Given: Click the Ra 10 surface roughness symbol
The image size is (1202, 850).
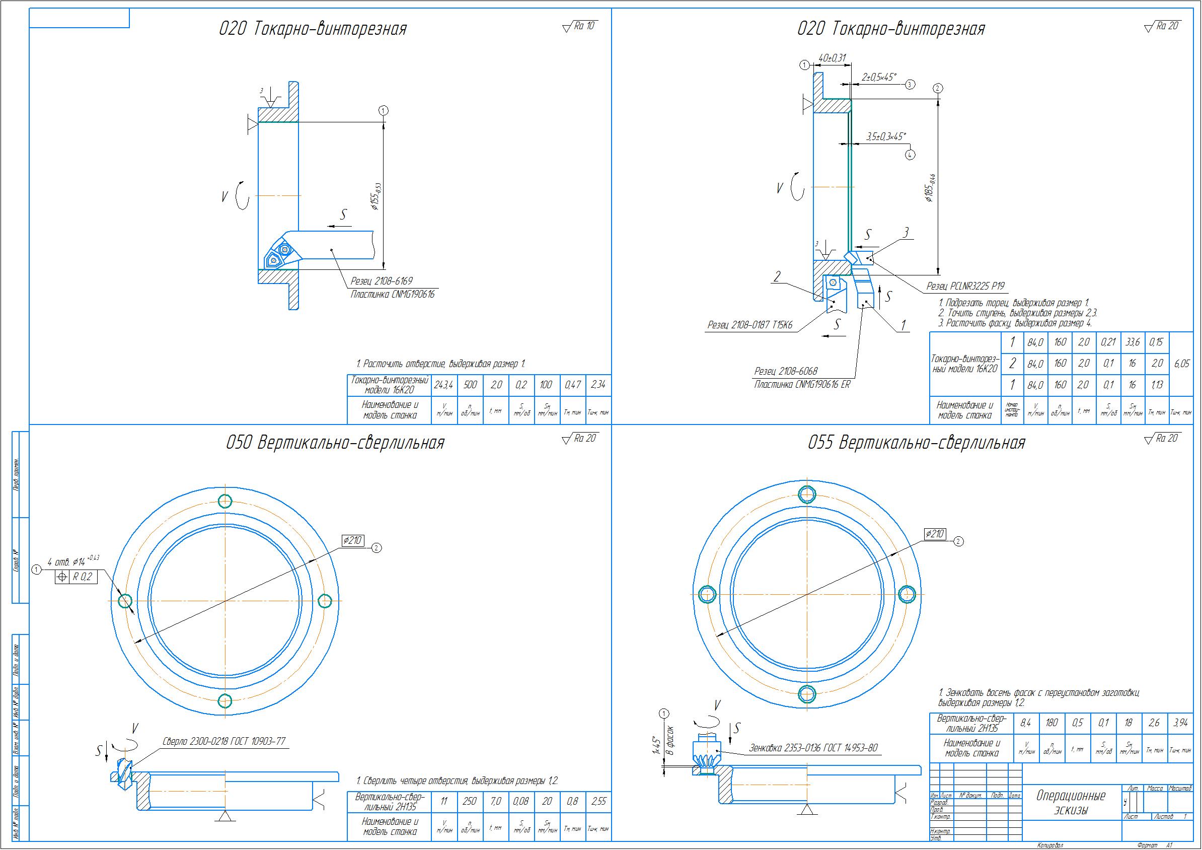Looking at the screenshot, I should coord(579,26).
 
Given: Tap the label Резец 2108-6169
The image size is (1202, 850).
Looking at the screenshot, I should coord(381,281).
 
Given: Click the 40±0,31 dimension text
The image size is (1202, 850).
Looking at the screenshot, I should coord(833,58).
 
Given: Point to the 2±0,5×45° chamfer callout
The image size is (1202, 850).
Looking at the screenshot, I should coord(879,78).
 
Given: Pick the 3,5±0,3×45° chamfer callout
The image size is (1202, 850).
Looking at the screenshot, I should coord(886,136).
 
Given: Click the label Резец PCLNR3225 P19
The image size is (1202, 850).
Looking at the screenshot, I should coord(965,286).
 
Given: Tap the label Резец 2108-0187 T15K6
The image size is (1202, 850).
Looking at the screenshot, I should coord(749,325).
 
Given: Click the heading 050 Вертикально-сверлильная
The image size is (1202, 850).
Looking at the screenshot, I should coord(335,443).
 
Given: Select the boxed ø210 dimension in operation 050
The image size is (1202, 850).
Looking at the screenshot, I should coord(352,540).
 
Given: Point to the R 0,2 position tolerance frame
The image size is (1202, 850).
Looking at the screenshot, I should coord(77,577).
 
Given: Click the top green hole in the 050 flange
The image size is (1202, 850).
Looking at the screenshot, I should coord(225,501).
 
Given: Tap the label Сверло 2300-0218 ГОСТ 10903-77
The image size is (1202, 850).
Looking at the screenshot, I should coord(224,741).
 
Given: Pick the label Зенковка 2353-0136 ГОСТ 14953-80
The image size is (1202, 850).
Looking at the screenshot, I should coord(813,748).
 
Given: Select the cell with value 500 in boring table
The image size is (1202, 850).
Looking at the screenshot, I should coord(470,385).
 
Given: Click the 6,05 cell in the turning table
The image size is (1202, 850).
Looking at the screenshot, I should coord(1181,364).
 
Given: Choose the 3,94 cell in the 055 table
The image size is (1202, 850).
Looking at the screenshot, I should coord(1180,723).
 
